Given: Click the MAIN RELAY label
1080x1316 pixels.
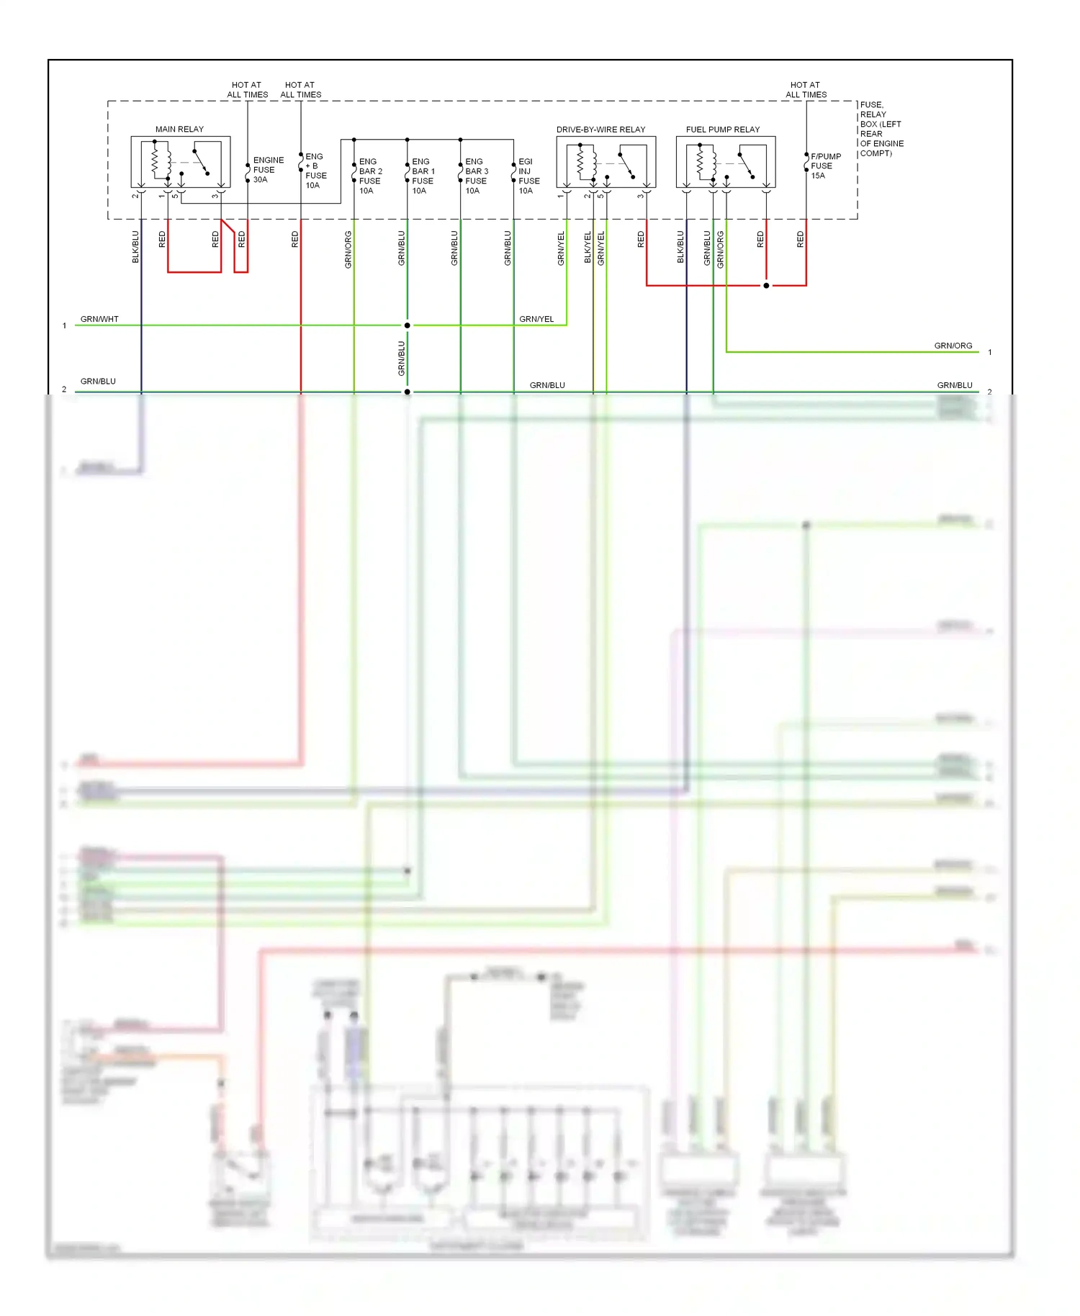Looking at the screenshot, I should point(179,130).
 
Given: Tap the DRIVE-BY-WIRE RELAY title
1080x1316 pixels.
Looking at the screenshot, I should point(600,130).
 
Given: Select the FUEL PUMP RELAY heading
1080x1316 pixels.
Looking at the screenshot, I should point(722,130).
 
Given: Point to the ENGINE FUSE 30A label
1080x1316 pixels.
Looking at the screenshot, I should point(268,170).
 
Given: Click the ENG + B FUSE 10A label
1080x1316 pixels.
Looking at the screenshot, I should point(315,171).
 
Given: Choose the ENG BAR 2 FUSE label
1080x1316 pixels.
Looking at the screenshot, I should point(370,176).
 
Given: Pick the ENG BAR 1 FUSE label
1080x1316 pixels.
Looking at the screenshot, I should point(423,176).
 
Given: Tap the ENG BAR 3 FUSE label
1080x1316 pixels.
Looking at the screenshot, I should point(476,176).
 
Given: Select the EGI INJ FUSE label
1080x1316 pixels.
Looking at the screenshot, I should point(528,176).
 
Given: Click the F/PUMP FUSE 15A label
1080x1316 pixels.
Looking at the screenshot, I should point(825,166).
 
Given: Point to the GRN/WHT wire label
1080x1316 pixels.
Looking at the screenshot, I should point(99,319).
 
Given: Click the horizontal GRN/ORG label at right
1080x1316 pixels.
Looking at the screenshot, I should point(953,346).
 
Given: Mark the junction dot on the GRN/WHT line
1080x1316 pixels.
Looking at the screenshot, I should point(408,325).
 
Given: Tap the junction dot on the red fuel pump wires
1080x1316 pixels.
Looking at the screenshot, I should point(766,286).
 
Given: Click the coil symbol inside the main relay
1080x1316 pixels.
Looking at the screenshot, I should point(156,161).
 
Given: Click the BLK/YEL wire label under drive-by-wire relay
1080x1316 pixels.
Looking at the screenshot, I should point(588,247).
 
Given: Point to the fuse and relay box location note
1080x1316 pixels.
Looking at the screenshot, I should point(881,129).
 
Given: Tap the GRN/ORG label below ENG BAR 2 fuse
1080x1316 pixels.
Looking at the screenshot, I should point(348,249).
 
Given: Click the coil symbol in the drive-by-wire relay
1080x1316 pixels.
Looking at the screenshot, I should point(582,161).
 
